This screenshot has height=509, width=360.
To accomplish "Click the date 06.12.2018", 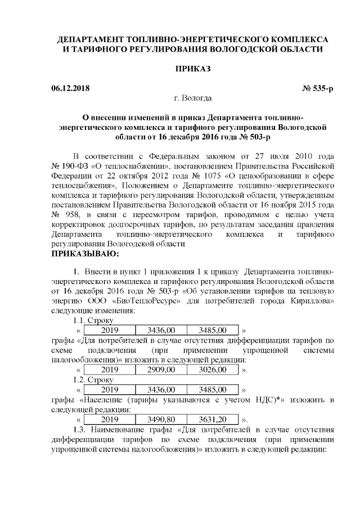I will click(70, 88).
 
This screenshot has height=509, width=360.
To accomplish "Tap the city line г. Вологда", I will click(192, 99).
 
